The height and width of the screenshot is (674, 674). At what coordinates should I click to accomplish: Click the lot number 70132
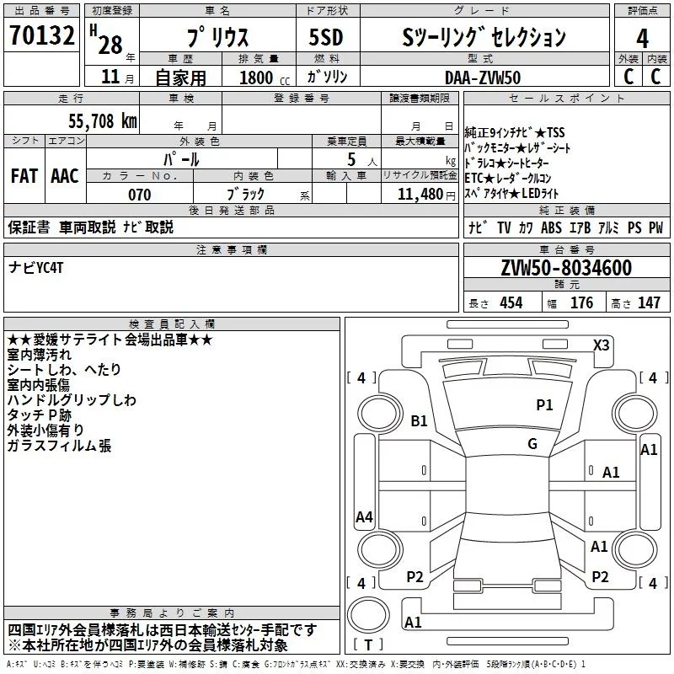[42, 37]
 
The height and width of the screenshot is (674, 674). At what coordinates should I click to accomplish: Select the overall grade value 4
[642, 38]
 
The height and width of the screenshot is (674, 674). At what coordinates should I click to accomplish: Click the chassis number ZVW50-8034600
[566, 268]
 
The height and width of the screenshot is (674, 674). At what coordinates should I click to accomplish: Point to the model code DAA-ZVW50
[483, 78]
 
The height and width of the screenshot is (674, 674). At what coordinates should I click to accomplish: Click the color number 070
[139, 195]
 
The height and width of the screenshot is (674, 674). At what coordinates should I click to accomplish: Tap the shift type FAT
[24, 176]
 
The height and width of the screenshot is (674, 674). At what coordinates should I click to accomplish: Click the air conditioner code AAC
[64, 176]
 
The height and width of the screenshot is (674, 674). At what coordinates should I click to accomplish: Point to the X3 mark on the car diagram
[601, 345]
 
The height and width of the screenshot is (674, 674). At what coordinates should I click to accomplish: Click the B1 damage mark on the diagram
[419, 420]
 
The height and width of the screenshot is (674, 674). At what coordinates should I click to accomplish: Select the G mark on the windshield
[532, 443]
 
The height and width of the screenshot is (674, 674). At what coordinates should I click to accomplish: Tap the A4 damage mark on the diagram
[364, 517]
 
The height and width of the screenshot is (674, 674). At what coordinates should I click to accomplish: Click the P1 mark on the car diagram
[545, 405]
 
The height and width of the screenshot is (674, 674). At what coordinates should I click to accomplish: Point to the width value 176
[581, 303]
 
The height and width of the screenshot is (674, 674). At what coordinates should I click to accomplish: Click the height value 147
[649, 303]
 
